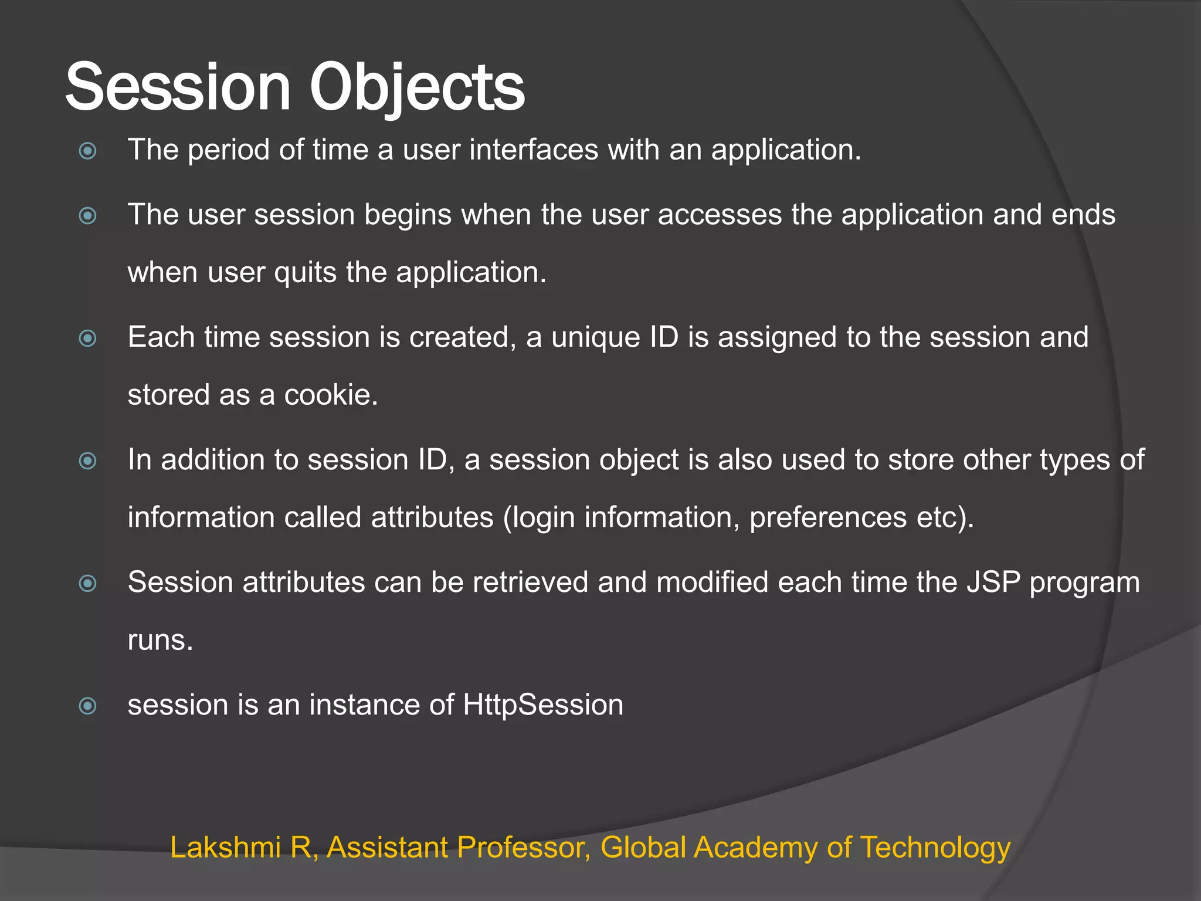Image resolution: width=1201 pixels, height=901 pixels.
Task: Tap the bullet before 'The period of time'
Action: point(88,151)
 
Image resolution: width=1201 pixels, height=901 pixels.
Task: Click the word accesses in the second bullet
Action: point(720,215)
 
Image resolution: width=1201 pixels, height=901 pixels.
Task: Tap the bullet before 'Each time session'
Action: point(88,338)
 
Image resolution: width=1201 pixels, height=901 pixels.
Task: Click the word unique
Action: point(595,338)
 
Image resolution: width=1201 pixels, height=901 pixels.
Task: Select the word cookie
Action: point(330,395)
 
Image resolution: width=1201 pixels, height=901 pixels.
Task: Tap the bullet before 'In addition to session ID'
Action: point(88,461)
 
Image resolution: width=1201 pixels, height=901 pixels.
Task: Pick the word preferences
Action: point(828,518)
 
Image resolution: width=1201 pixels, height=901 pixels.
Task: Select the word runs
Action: point(160,641)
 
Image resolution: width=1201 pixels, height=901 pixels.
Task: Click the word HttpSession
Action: point(542,705)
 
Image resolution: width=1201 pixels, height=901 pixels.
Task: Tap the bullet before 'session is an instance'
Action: point(88,706)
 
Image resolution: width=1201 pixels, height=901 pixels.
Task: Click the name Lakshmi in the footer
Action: point(225,848)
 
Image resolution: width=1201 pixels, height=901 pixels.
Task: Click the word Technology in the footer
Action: point(935,848)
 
